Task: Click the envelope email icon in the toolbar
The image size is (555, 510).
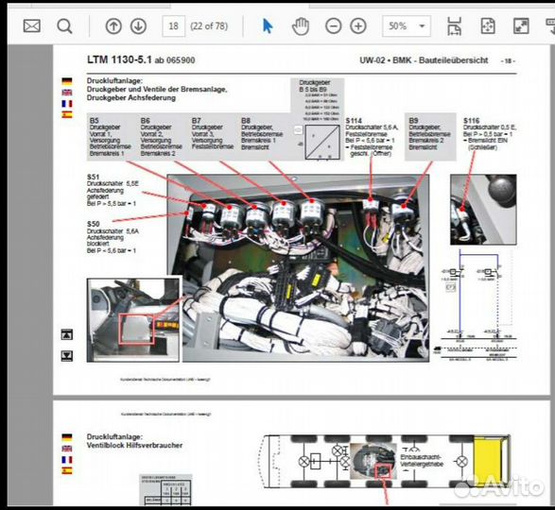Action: pyautogui.click(x=32, y=26)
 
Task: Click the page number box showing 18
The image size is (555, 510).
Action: pyautogui.click(x=174, y=26)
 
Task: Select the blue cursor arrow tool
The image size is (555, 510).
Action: pyautogui.click(x=268, y=26)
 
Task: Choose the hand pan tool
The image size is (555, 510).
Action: pyautogui.click(x=301, y=26)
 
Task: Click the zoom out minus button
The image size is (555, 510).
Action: pyautogui.click(x=334, y=26)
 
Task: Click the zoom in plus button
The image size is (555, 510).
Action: pyautogui.click(x=358, y=26)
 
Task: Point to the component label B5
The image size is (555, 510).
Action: pyautogui.click(x=94, y=121)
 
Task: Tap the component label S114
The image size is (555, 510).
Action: pyautogui.click(x=354, y=121)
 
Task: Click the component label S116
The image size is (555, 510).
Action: pyautogui.click(x=472, y=121)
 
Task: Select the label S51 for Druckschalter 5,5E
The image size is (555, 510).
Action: pyautogui.click(x=94, y=177)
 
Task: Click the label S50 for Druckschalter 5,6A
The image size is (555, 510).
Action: pyautogui.click(x=94, y=224)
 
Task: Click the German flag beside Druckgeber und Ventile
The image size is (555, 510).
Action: pyautogui.click(x=67, y=81)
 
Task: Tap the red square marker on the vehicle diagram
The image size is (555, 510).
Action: pyautogui.click(x=383, y=470)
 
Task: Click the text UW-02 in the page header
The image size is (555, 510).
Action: pyautogui.click(x=373, y=60)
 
